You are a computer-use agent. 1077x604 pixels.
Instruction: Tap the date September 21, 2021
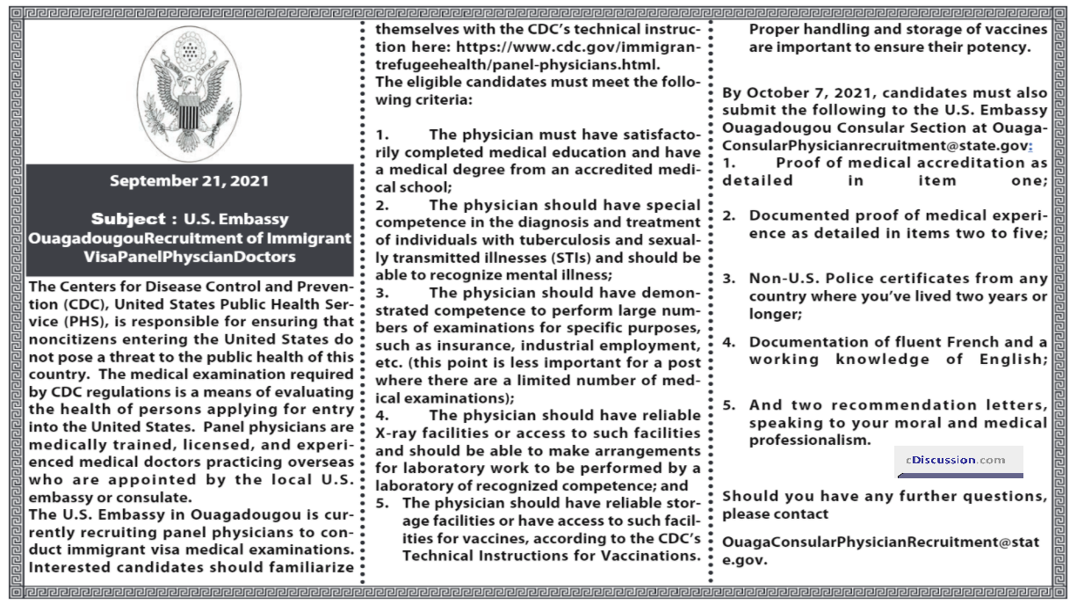[189, 181]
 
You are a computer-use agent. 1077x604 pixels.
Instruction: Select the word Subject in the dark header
[128, 219]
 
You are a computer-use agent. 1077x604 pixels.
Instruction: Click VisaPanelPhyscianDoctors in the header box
[189, 257]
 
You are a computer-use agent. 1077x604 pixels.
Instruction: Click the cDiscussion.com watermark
[958, 460]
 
